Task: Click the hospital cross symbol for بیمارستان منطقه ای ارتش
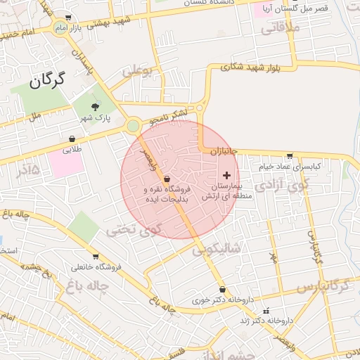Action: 226,174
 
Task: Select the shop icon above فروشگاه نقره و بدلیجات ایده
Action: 166,179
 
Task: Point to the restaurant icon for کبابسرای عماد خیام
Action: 290,155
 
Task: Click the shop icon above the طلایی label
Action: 73,139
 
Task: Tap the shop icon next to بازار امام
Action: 67,18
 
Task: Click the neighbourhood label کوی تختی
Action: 133,229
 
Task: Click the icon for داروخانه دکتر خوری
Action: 223,289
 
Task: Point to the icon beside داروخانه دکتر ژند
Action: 265,311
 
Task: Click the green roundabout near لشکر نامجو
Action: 133,126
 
